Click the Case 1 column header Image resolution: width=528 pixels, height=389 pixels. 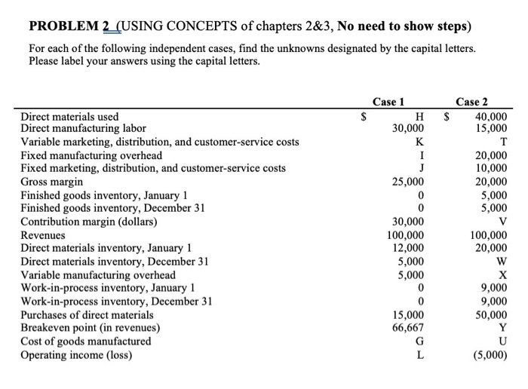click(x=388, y=103)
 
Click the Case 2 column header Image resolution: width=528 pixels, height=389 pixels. click(x=472, y=103)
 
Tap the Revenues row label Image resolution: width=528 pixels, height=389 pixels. click(x=43, y=235)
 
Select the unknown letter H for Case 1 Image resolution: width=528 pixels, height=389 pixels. click(x=419, y=115)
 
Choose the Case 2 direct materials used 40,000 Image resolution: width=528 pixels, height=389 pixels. click(x=491, y=115)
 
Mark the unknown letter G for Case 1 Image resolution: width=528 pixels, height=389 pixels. click(x=419, y=342)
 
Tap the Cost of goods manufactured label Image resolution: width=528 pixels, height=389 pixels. click(x=85, y=342)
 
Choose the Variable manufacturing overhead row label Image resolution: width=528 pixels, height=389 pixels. click(x=97, y=275)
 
